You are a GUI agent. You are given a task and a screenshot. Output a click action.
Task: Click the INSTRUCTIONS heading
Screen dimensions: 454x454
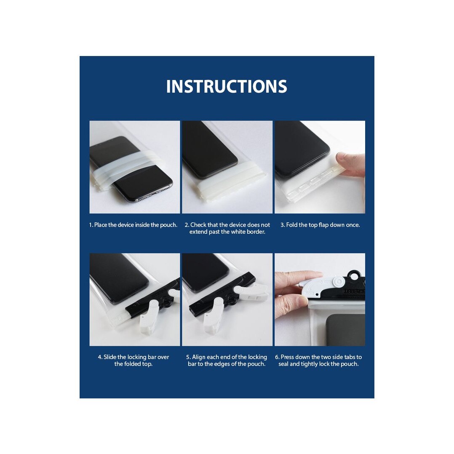[x=227, y=86]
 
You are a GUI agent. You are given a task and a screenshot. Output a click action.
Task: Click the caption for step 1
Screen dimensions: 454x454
[x=133, y=225]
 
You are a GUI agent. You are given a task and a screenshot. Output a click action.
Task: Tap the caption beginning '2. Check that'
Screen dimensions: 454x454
[x=227, y=228]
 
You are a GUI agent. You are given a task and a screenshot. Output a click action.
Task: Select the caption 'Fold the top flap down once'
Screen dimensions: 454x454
[x=323, y=225]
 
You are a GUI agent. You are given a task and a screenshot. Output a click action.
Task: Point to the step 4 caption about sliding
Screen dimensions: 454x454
[x=134, y=360]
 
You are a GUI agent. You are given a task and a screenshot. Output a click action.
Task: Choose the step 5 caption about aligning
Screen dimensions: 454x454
[x=227, y=360]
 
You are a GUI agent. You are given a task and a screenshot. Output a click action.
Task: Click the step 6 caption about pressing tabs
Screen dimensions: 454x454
[x=318, y=360]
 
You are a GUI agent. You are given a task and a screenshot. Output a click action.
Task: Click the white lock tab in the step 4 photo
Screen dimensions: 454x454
[x=149, y=315]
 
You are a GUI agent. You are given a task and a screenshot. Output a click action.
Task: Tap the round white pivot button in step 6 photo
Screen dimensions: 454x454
[x=338, y=281]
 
